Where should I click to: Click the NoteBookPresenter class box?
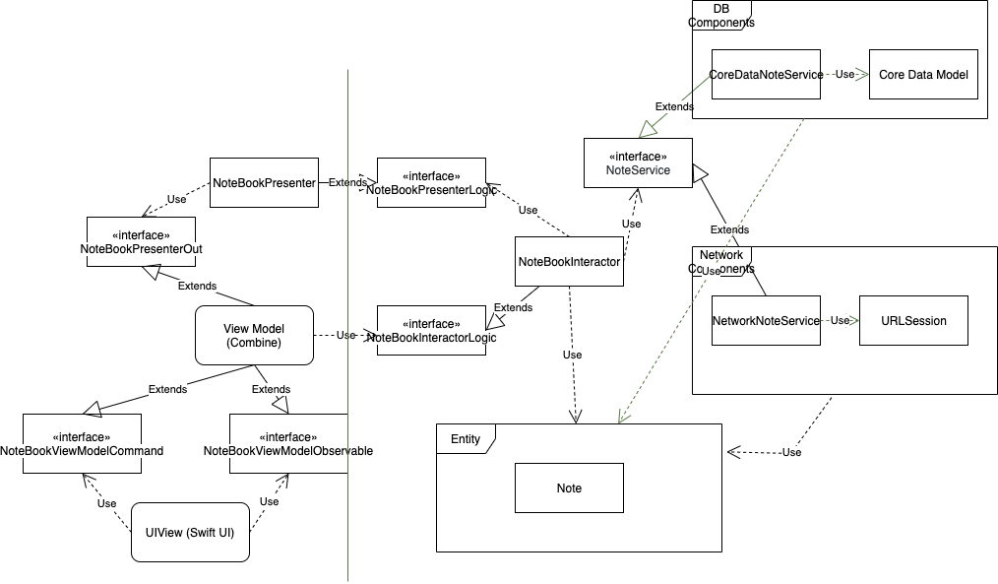pos(264,182)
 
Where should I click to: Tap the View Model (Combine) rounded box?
pos(254,336)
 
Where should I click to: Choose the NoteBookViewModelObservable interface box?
pos(287,443)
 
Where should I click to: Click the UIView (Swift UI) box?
pos(191,533)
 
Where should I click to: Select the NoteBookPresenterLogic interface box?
pos(431,182)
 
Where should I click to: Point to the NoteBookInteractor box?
pos(569,262)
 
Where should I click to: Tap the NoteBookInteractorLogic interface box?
pos(431,331)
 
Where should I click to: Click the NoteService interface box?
pos(638,163)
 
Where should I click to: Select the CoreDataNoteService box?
pos(766,75)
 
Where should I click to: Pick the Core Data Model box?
pos(923,75)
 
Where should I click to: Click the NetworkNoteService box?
pos(766,320)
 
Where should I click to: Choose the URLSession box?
pos(913,320)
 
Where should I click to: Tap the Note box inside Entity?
pos(569,488)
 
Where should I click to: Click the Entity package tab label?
pos(466,439)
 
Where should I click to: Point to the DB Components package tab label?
pos(720,16)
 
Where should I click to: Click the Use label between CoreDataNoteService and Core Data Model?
pos(844,75)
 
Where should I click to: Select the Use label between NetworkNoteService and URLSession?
pos(839,320)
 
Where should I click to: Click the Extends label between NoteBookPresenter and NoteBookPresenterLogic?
pos(346,182)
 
